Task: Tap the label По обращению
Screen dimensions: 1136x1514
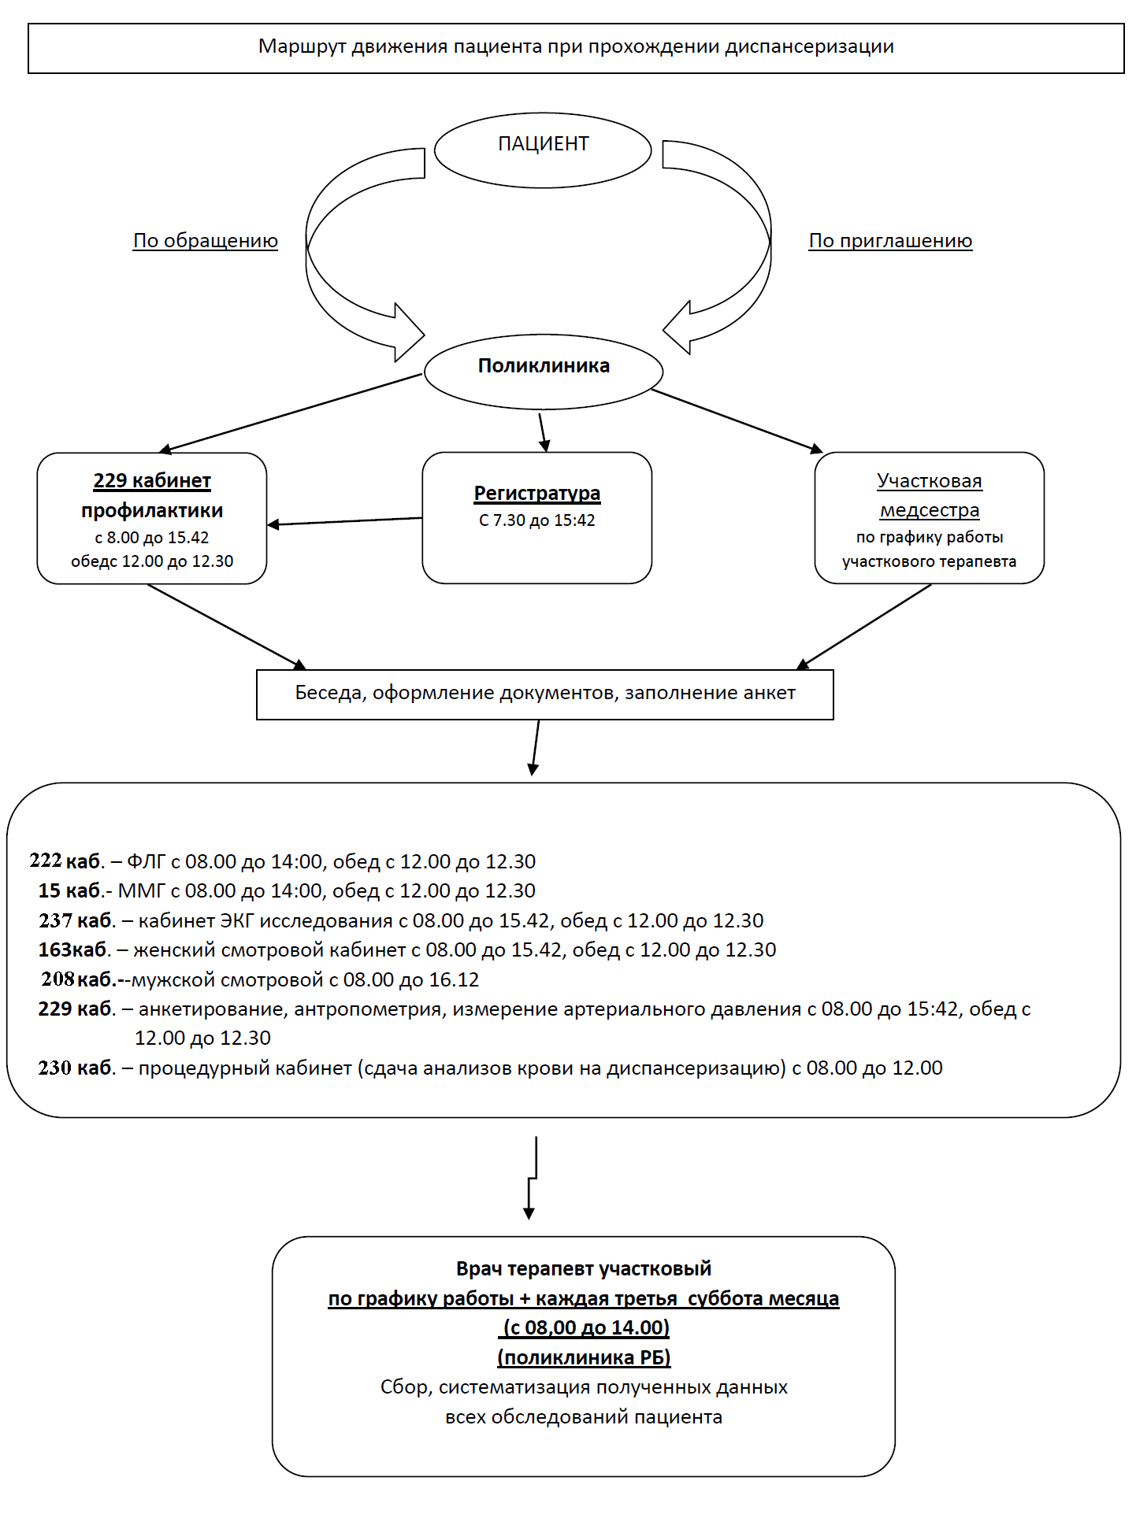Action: [206, 241]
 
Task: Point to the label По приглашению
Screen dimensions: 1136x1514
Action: [890, 241]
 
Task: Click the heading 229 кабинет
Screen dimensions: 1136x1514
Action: [152, 480]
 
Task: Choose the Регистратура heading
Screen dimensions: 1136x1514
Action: [537, 494]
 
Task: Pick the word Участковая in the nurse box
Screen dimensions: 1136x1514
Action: [930, 480]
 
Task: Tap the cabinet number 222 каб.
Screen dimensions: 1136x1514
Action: [67, 861]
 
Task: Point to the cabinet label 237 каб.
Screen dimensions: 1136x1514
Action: [77, 920]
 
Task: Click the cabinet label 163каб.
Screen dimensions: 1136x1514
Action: [74, 949]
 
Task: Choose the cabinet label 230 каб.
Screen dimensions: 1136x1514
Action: [77, 1068]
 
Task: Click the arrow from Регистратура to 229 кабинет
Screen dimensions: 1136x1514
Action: [345, 521]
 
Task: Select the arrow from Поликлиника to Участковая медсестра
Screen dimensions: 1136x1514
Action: [737, 420]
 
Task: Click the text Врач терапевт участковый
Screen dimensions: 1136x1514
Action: [584, 1268]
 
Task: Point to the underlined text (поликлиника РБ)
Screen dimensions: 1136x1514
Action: [584, 1357]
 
